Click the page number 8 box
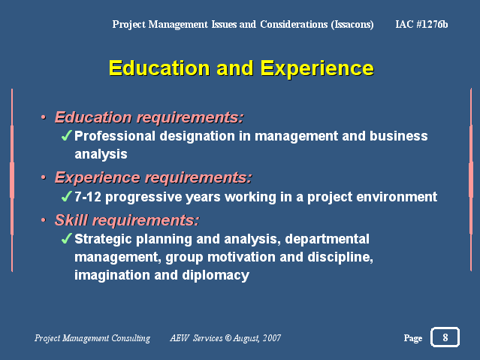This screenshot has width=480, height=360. (x=445, y=337)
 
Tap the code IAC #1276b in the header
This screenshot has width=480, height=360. (x=421, y=24)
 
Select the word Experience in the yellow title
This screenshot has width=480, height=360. (x=317, y=68)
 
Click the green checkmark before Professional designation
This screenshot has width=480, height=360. (x=66, y=135)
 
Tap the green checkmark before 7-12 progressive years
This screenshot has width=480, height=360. (x=66, y=196)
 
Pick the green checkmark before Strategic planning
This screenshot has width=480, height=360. (x=66, y=238)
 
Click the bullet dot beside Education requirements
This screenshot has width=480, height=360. (x=44, y=117)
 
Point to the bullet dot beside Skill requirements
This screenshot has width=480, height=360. (x=44, y=220)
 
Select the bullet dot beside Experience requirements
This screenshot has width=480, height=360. (x=44, y=177)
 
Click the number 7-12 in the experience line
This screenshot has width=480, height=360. (x=88, y=197)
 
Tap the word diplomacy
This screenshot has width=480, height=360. (x=216, y=275)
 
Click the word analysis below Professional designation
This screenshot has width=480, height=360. (x=101, y=154)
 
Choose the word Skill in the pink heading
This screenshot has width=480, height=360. (x=71, y=220)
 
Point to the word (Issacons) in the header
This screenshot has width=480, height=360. (x=352, y=24)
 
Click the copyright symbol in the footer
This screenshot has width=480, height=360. (x=228, y=337)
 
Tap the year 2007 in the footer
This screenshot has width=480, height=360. (x=272, y=337)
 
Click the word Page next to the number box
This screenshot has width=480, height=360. (x=413, y=338)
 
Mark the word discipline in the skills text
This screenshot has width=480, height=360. (x=340, y=257)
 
